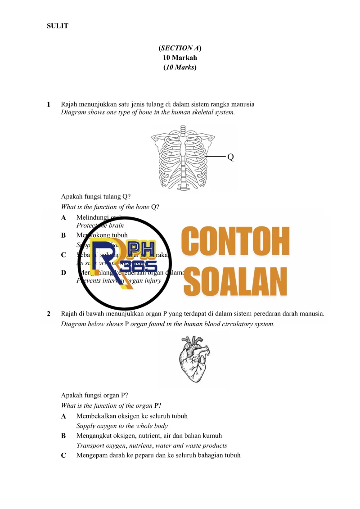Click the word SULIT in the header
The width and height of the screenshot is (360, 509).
(x=58, y=26)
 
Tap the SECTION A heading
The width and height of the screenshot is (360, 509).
(x=180, y=48)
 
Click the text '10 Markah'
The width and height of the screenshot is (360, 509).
(x=180, y=58)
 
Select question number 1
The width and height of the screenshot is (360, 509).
(x=49, y=104)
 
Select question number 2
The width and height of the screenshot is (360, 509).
(x=49, y=313)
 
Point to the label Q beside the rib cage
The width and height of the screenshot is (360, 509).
(x=230, y=157)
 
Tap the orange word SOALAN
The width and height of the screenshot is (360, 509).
(x=238, y=279)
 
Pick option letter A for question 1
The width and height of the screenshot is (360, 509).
(x=63, y=218)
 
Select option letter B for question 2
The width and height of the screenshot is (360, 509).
(x=63, y=436)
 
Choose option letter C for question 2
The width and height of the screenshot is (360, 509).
(x=63, y=455)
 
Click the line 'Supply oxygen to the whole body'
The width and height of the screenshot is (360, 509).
(x=122, y=426)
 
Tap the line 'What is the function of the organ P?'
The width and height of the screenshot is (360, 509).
(x=108, y=406)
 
